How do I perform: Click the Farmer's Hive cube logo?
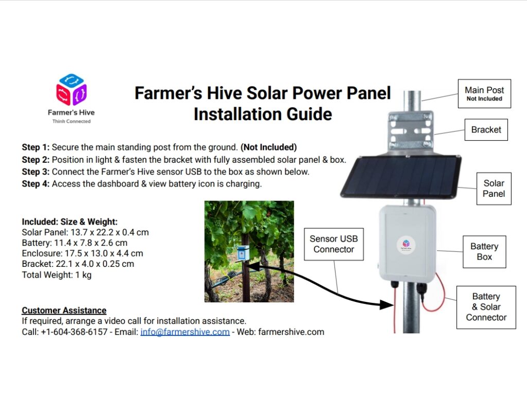(x=71, y=90)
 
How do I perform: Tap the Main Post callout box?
(x=484, y=94)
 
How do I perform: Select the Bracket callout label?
(x=486, y=129)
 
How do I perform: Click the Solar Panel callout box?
(x=494, y=189)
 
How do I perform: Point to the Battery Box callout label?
(x=484, y=251)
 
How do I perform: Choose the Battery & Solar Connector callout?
(x=486, y=307)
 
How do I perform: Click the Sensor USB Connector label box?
(x=333, y=244)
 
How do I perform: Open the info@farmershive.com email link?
(x=185, y=332)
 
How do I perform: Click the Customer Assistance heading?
(x=64, y=310)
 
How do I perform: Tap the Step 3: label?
(x=36, y=172)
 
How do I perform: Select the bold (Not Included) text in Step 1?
(x=269, y=147)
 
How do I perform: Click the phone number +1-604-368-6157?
(x=74, y=332)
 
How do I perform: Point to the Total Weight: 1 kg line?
(x=57, y=275)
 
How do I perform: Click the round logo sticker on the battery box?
(x=406, y=245)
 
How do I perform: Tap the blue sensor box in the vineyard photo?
(x=243, y=253)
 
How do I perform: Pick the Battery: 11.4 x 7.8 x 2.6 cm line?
(x=75, y=243)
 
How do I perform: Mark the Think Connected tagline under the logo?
(x=71, y=122)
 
